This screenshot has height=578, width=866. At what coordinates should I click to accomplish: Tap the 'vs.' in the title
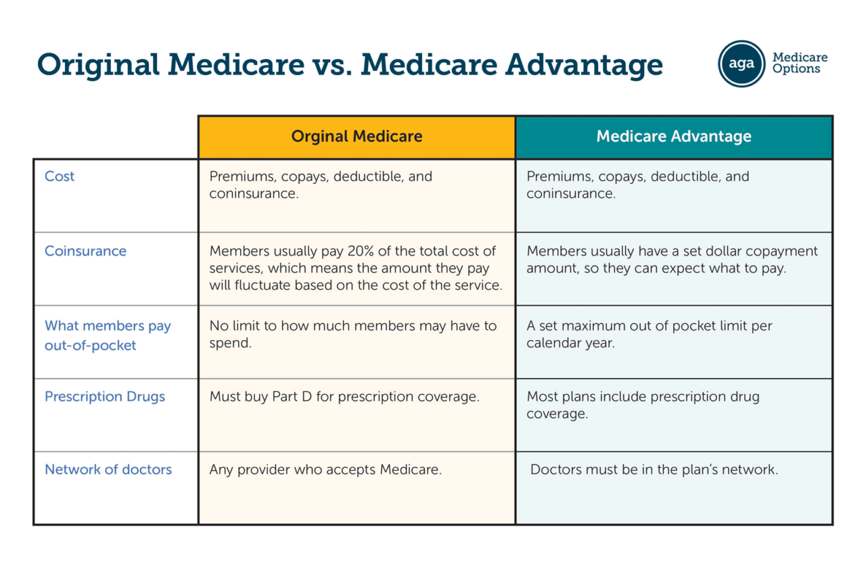pyautogui.click(x=332, y=65)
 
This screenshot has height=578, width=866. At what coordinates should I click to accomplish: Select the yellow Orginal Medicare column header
pyautogui.click(x=357, y=137)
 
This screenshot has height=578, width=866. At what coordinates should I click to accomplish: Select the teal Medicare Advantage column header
pyautogui.click(x=673, y=137)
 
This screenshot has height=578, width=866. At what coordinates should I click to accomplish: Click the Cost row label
pyautogui.click(x=60, y=176)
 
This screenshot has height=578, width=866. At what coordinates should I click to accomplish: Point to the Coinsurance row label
pyautogui.click(x=85, y=251)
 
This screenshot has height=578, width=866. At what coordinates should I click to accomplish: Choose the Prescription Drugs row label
pyautogui.click(x=105, y=397)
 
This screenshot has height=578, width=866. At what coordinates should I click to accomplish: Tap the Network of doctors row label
pyautogui.click(x=108, y=470)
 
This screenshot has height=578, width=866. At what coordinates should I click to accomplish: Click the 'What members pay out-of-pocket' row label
pyautogui.click(x=108, y=335)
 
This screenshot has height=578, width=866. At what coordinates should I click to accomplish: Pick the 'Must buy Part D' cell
pyautogui.click(x=344, y=397)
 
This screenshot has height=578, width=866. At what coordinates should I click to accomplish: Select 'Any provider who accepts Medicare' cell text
pyautogui.click(x=325, y=470)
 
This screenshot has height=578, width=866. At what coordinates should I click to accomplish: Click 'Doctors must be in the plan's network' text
pyautogui.click(x=654, y=470)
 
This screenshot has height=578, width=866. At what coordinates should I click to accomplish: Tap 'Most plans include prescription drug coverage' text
pyautogui.click(x=643, y=405)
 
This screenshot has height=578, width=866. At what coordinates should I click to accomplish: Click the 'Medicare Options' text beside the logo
pyautogui.click(x=799, y=64)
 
